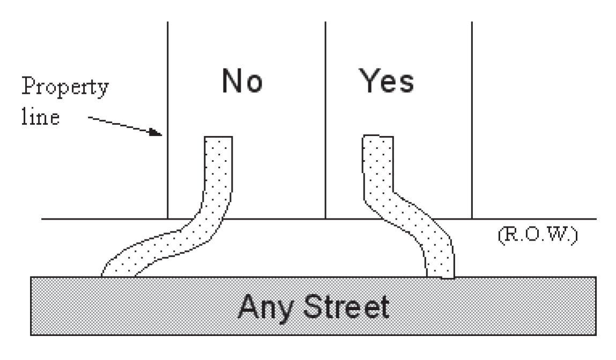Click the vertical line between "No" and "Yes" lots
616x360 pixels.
click(x=326, y=118)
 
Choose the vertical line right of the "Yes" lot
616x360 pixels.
click(x=472, y=118)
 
